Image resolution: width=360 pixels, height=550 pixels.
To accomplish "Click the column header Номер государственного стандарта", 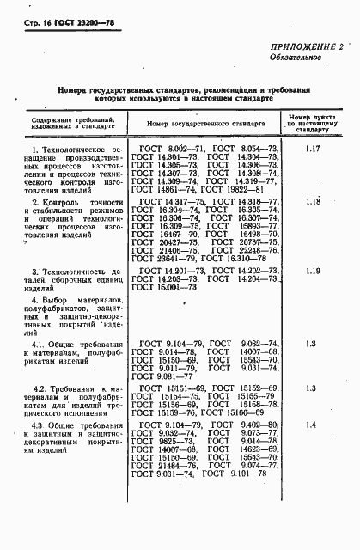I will point(203,125).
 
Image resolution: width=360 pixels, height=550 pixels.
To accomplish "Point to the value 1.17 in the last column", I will point(313,150).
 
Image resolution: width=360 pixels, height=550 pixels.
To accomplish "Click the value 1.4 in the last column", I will point(313,449).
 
